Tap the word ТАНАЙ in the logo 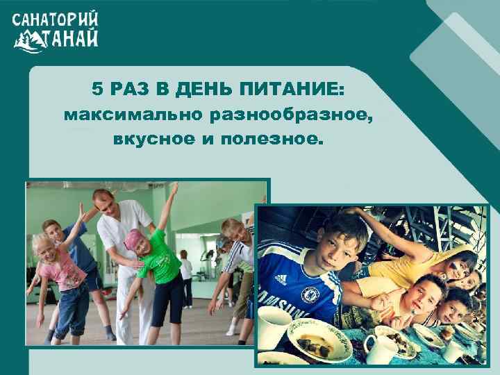[73, 37]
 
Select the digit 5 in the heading [97, 90]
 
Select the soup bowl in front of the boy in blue [319, 341]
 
